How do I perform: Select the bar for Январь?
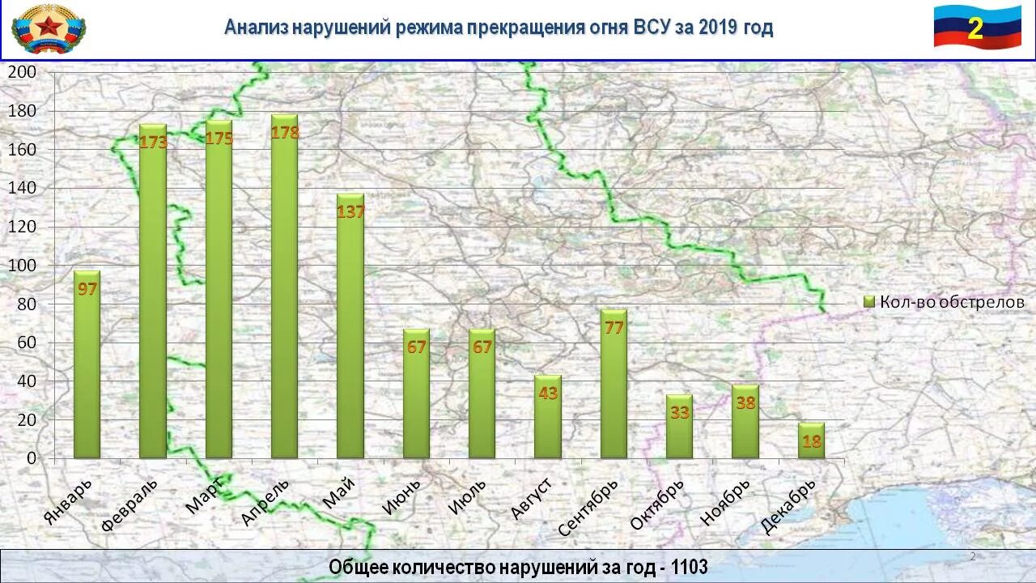tap(87, 364)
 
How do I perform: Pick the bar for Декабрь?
tap(811, 440)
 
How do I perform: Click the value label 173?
tap(153, 143)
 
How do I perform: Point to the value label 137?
tap(350, 211)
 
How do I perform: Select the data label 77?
tap(614, 327)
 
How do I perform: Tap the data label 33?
tap(679, 412)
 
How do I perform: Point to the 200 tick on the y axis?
tap(22, 71)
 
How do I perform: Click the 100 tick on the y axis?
tap(22, 266)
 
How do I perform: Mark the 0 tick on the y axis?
tap(32, 458)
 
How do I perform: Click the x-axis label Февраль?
tap(130, 504)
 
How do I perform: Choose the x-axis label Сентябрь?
tap(588, 508)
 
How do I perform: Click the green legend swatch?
tap(869, 302)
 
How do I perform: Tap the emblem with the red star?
tap(49, 28)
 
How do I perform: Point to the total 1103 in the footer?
tap(689, 568)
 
